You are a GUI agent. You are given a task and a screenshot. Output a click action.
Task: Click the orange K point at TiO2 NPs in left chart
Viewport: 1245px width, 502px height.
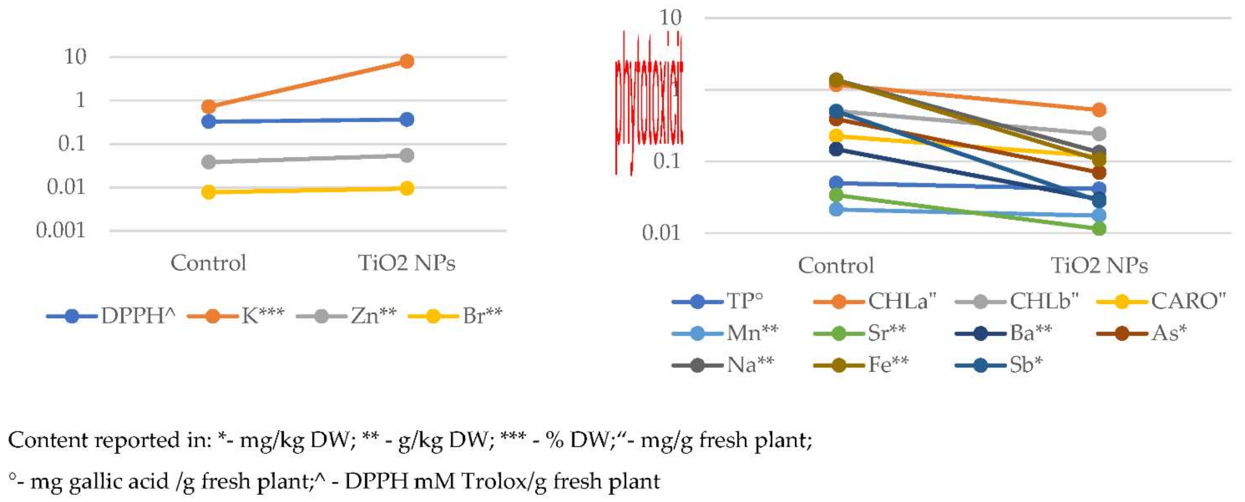point(406,61)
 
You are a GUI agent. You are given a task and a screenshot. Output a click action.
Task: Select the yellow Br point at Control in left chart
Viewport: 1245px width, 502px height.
point(208,192)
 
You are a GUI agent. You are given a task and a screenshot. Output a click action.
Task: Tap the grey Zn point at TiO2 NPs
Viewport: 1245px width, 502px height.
point(406,155)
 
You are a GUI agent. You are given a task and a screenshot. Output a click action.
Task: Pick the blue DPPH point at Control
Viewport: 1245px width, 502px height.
point(208,121)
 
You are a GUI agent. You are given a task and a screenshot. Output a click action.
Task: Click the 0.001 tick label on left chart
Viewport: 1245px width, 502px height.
point(60,231)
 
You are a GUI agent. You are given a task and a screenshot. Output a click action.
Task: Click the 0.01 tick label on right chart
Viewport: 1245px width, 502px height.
point(661,233)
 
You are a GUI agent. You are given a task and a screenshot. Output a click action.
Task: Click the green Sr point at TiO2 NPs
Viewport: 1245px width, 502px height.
point(1099,228)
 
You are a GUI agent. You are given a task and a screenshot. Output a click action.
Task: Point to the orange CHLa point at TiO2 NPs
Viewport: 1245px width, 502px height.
point(1099,110)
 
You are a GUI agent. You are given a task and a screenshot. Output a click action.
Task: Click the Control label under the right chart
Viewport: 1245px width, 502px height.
point(836,265)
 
